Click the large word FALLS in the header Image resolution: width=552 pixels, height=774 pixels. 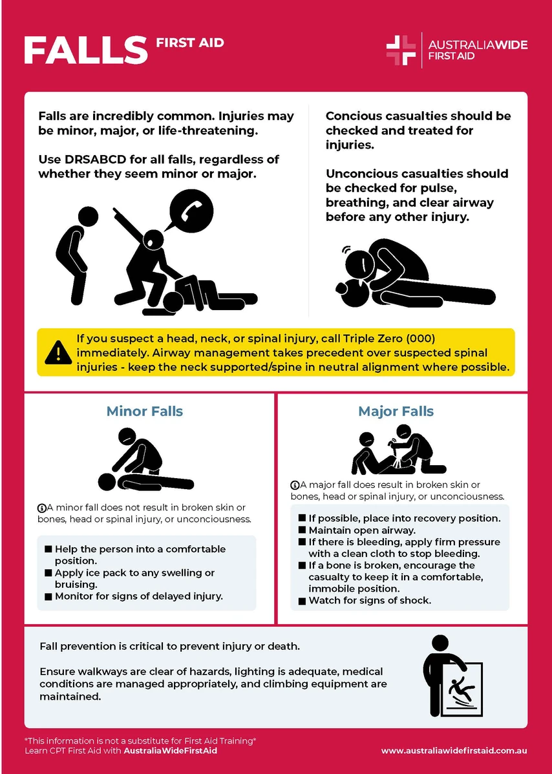click(x=85, y=50)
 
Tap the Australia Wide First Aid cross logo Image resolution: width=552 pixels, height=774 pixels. click(x=401, y=50)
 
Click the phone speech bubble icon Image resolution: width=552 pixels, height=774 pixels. click(x=191, y=212)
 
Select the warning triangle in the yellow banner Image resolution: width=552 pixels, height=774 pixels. click(x=58, y=352)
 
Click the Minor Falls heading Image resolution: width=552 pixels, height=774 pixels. click(x=145, y=412)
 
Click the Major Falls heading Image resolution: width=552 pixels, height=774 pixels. click(x=396, y=412)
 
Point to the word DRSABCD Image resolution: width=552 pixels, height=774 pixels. click(x=94, y=160)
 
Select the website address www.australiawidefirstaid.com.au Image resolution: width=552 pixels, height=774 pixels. click(x=454, y=751)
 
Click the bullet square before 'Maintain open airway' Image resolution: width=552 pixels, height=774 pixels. click(x=303, y=530)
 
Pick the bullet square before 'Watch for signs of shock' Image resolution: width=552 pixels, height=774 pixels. click(x=303, y=601)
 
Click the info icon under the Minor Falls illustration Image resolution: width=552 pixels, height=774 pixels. click(x=42, y=508)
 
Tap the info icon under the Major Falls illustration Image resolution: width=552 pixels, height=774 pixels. click(x=295, y=485)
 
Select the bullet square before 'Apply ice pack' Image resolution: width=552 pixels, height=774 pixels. click(x=48, y=573)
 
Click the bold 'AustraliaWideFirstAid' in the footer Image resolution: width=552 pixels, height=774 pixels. click(x=170, y=751)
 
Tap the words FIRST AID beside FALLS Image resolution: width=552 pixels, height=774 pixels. click(x=190, y=43)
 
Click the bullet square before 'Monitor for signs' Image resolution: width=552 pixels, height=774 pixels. click(x=48, y=597)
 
